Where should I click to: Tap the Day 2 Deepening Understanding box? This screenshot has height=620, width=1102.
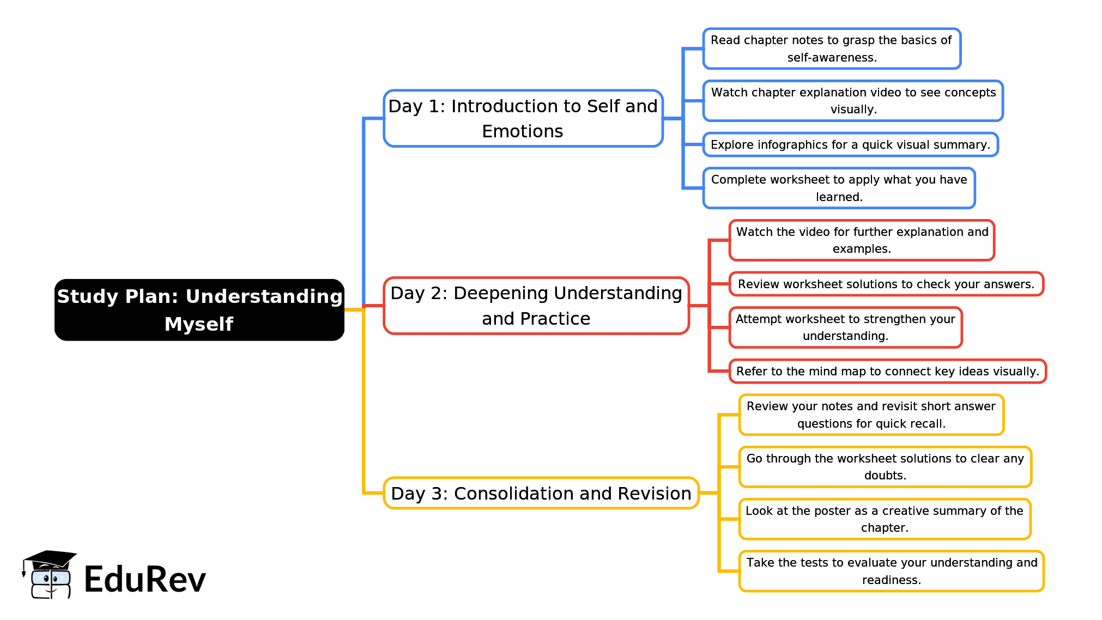pos(536,305)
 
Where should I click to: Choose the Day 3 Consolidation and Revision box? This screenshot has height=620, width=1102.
pos(541,493)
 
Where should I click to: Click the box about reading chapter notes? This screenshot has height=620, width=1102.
pos(831,48)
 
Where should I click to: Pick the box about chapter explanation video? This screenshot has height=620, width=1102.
pos(853,101)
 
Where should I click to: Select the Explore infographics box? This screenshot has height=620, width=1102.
pos(850,145)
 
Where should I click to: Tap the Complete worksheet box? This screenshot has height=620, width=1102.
pos(839,188)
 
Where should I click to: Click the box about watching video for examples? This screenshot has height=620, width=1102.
pos(862,240)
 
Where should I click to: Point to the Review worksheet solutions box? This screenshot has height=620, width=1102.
pos(886,284)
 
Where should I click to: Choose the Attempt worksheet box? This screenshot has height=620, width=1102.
pos(845,327)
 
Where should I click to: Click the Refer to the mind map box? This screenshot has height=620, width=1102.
pos(887,372)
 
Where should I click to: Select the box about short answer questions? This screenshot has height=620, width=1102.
pos(871,415)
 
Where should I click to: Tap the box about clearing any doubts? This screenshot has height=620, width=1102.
pos(885,467)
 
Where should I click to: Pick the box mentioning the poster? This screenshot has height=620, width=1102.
pos(885,519)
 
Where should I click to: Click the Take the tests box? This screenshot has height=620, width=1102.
pos(891,571)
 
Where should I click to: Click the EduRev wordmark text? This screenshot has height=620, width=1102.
pos(145,579)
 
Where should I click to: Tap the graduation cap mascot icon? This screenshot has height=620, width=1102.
pos(50,574)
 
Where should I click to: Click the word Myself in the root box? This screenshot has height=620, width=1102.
pos(199,324)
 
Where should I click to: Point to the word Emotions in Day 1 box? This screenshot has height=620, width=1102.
pos(523,131)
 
